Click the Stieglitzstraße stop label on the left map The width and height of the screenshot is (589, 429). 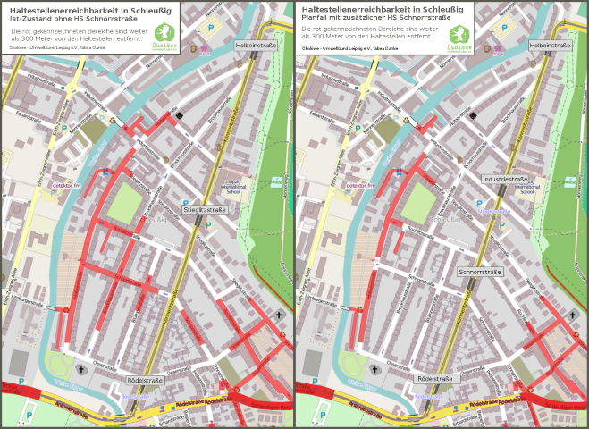[206, 209]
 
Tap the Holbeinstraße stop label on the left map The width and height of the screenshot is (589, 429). [256, 44]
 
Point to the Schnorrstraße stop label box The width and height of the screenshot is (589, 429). [481, 271]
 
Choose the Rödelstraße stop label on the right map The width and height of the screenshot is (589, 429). [438, 379]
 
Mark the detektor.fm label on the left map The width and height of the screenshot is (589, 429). [67, 185]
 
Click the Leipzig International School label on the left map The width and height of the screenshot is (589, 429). [233, 185]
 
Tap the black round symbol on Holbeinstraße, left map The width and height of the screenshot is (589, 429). [180, 114]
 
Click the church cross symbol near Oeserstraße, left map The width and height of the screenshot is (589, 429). [80, 368]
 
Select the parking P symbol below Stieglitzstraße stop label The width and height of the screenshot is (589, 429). [209, 226]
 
